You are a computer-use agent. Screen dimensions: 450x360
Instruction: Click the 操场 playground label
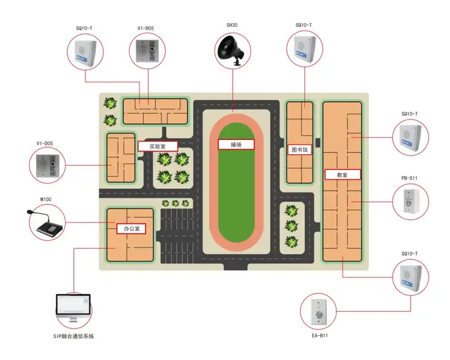[236, 145]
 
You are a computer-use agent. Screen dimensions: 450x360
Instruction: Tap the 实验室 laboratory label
[157, 146]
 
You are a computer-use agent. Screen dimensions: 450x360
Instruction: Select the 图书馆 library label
[299, 149]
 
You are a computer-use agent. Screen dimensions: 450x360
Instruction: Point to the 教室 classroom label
[342, 174]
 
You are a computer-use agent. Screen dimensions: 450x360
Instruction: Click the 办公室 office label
[132, 229]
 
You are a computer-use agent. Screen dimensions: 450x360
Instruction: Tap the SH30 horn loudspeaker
[231, 51]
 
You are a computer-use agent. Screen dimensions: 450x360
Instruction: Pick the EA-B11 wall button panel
[319, 312]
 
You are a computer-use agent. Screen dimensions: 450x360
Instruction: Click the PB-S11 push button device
[411, 201]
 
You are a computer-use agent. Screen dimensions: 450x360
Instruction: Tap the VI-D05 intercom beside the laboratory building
[47, 165]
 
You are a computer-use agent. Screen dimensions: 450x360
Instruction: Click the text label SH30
[232, 25]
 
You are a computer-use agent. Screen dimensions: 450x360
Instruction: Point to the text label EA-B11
[320, 336]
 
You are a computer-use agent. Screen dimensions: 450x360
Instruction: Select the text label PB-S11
[409, 178]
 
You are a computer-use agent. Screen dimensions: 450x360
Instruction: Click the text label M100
[46, 199]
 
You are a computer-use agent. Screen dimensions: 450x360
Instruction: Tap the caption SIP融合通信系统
[74, 336]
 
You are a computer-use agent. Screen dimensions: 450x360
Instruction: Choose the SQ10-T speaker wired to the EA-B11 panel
[411, 276]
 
